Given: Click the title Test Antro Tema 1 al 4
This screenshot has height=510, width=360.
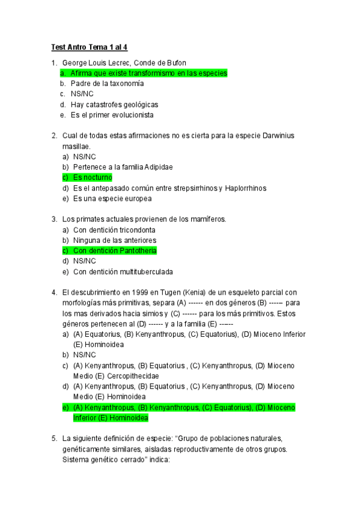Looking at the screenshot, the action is (90, 47).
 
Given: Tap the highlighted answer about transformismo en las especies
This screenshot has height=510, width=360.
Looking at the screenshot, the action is (148, 73).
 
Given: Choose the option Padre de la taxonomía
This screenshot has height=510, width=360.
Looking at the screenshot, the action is (107, 84).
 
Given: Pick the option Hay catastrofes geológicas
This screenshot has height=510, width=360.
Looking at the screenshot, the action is (114, 104).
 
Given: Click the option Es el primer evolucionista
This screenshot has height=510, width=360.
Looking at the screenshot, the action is (112, 114).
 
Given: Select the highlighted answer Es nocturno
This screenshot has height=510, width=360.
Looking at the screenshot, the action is (92, 177).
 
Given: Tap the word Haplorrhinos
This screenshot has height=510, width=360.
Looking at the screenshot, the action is (246, 188).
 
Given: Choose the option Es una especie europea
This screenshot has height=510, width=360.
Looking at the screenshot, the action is (112, 198).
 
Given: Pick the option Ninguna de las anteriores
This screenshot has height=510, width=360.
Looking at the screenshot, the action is (114, 240).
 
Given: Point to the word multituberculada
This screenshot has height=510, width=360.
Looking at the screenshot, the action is (143, 271).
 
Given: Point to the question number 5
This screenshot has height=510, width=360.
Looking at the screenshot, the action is (54, 438).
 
